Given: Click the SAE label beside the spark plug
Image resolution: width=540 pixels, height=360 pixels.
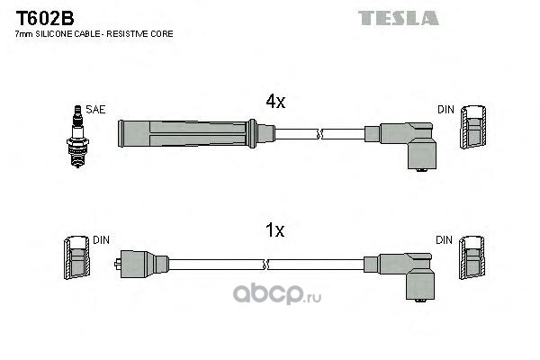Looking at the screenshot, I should point(97,110).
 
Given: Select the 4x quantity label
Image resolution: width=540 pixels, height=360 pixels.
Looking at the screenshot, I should point(274,103).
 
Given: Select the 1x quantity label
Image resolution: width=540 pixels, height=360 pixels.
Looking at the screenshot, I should point(274,231).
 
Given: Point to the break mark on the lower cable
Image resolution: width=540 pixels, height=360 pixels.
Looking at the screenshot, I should point(267,264).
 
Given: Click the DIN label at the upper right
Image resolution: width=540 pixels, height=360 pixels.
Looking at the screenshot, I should point(446,110).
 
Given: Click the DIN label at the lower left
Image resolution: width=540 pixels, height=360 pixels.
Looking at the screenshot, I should point(101,240).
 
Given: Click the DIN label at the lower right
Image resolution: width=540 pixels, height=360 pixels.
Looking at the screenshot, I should point(446,240).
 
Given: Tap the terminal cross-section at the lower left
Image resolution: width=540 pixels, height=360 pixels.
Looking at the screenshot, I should point(76,260).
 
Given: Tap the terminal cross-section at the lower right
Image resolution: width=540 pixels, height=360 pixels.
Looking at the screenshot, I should point(474,260).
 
